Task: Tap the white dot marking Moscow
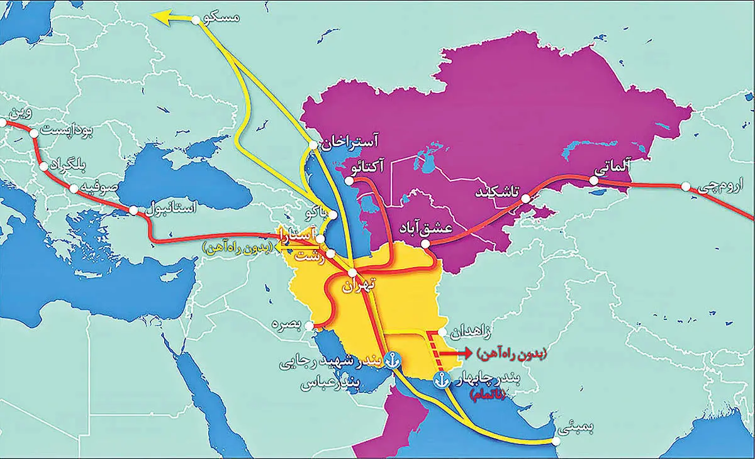click(x=200, y=19)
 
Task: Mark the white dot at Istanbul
click(x=133, y=211)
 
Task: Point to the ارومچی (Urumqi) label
click(x=714, y=188)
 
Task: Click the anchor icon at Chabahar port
click(x=441, y=379)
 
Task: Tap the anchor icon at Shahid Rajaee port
click(x=392, y=360)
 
